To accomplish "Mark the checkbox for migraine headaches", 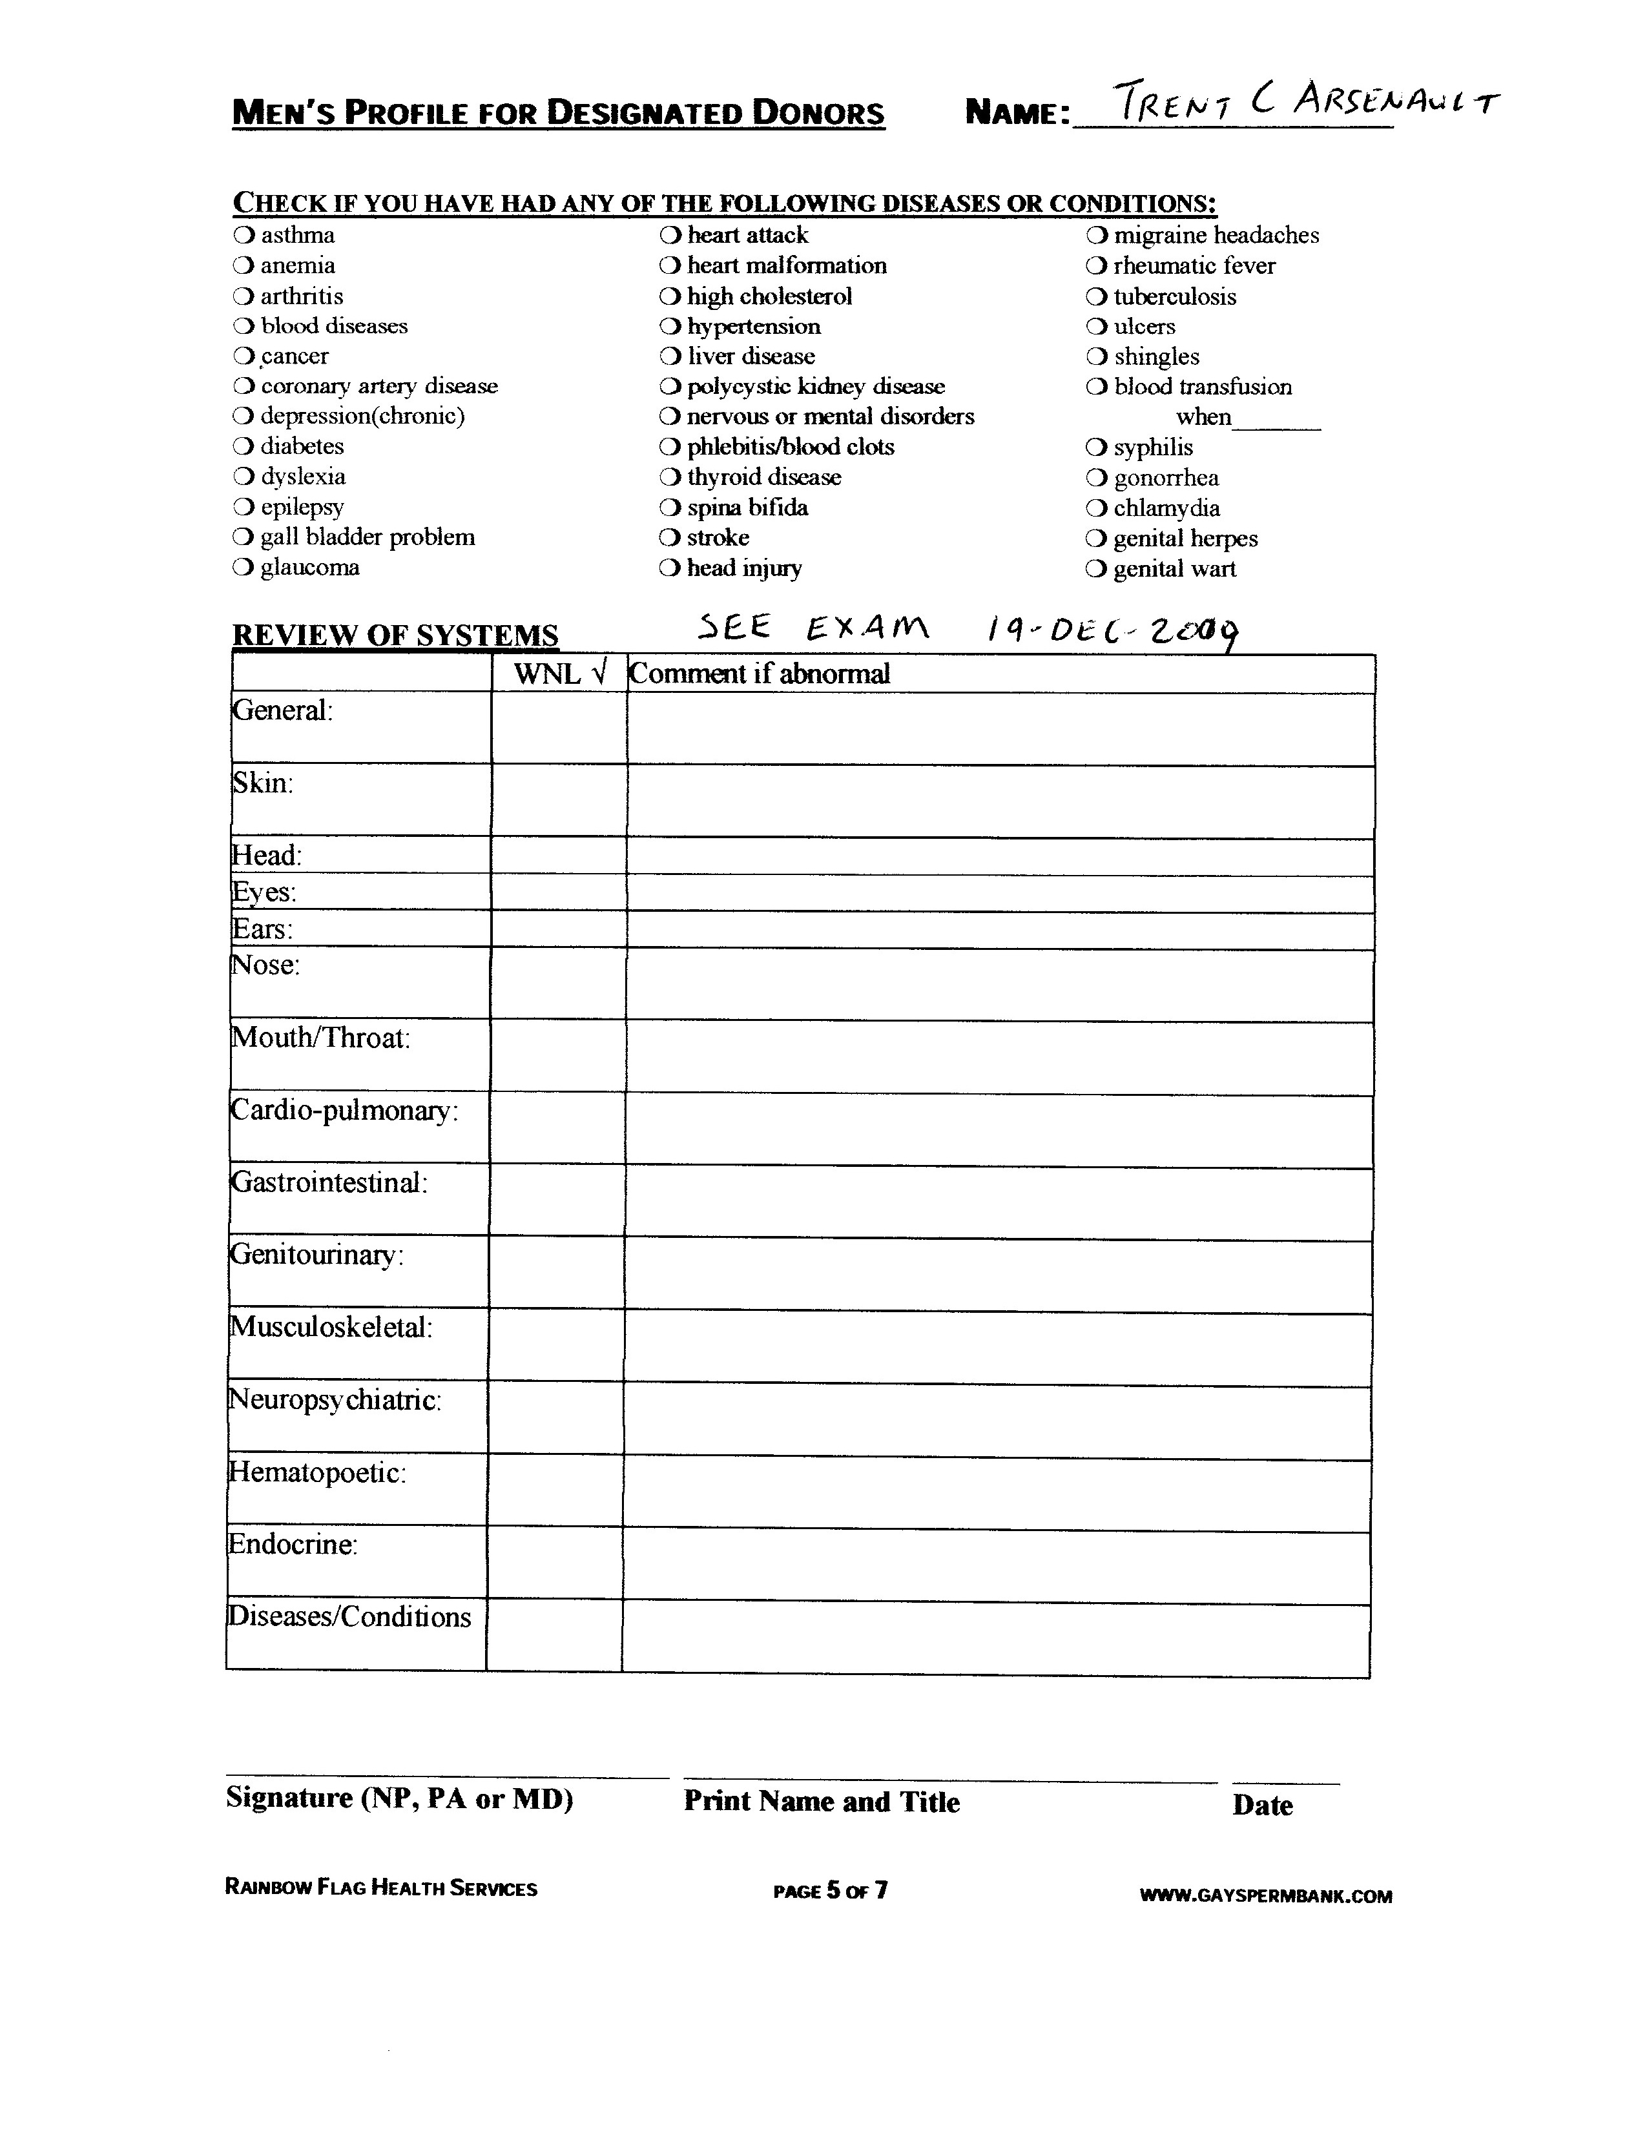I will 1097,235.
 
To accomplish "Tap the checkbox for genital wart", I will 1097,569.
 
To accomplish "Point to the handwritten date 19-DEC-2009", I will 1112,632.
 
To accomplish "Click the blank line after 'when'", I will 1277,420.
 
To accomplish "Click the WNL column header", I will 559,674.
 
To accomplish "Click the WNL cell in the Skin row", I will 559,800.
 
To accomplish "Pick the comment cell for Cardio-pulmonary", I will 999,1129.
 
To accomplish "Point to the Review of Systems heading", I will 395,635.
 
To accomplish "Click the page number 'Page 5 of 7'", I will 831,1891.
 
